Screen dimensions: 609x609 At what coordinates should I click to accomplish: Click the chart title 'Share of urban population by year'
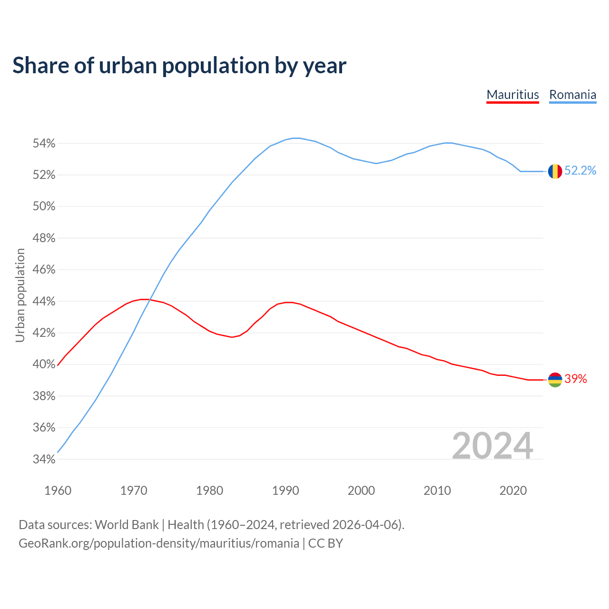click(x=179, y=65)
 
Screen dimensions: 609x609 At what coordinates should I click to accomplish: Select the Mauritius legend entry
click(x=512, y=95)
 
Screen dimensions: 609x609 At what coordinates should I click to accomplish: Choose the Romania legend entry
click(x=572, y=95)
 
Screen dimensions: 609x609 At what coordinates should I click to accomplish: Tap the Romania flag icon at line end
click(x=555, y=171)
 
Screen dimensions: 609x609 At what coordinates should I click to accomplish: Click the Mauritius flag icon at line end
click(x=555, y=380)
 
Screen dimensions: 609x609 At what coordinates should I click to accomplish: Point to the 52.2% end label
click(x=580, y=171)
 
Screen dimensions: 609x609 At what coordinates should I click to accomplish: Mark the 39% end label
click(x=576, y=379)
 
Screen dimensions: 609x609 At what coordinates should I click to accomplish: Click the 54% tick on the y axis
click(x=44, y=144)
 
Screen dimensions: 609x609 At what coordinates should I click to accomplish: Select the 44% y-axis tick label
click(x=44, y=302)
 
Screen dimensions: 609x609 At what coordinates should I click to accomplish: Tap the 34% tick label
click(x=44, y=460)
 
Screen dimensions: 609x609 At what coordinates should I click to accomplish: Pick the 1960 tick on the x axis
click(x=58, y=491)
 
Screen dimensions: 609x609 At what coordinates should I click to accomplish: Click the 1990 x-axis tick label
click(x=285, y=491)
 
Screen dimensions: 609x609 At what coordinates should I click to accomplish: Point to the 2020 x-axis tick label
click(x=513, y=491)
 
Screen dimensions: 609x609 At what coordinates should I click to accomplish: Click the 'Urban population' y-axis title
click(x=20, y=295)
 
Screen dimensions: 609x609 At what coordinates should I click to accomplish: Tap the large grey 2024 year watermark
click(x=492, y=446)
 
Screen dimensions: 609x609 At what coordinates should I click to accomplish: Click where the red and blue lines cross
click(x=149, y=300)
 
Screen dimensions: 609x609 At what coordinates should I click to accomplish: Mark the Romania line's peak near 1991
click(x=296, y=138)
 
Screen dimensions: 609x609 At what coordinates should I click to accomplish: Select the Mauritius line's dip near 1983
click(x=232, y=337)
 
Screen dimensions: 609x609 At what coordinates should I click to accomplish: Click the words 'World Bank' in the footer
click(x=127, y=525)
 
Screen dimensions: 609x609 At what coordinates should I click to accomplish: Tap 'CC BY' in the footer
click(x=325, y=543)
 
